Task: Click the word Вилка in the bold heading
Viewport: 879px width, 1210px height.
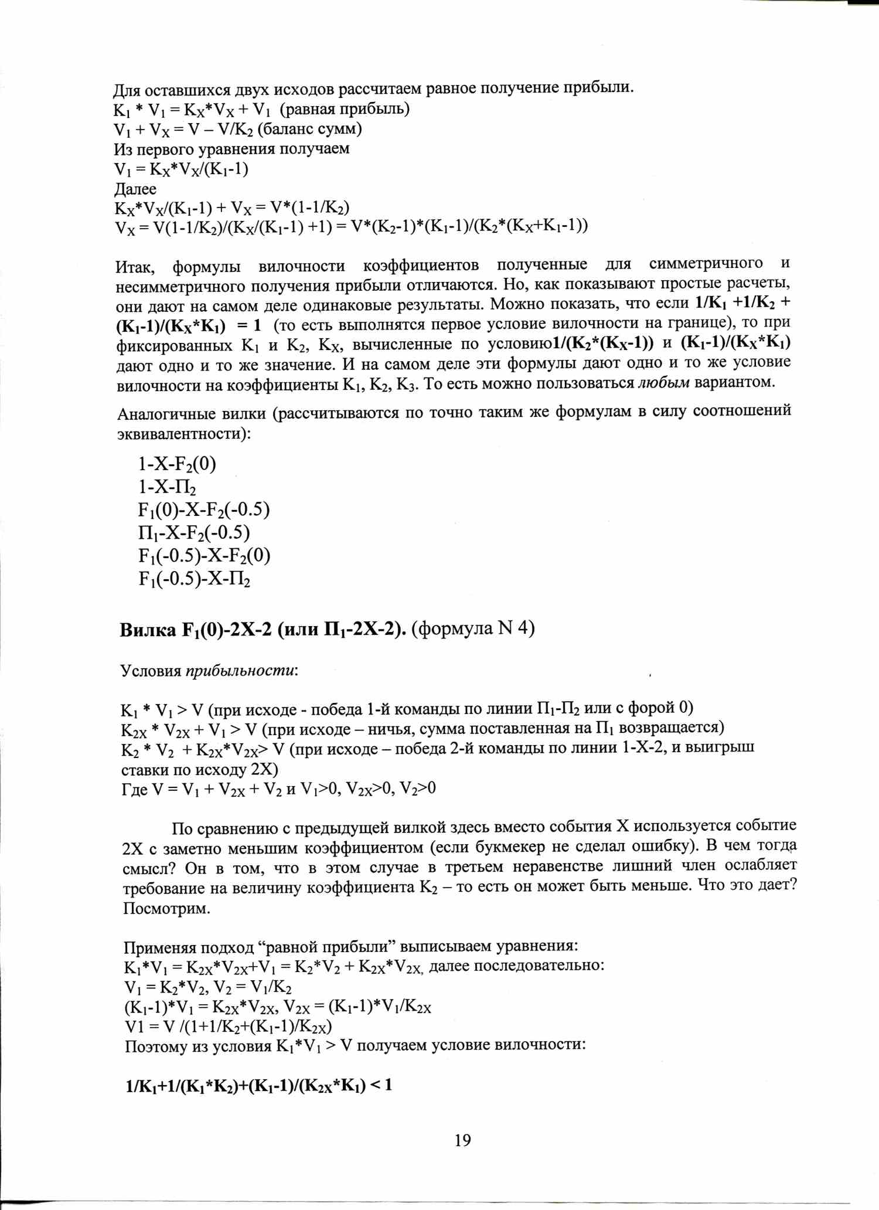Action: (148, 630)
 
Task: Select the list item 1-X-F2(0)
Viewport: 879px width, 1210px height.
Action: (177, 464)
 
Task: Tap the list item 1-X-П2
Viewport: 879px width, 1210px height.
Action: (167, 487)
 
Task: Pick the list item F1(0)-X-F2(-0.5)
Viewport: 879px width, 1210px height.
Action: (204, 510)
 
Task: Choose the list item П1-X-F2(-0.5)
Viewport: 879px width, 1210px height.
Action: (194, 533)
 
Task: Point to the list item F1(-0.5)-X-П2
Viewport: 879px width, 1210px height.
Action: (195, 579)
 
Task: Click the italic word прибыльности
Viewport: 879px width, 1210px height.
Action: (240, 670)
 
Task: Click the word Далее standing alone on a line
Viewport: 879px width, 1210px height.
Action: (135, 189)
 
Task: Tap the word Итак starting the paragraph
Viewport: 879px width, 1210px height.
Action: (135, 267)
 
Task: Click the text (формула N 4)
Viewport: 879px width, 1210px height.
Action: (473, 628)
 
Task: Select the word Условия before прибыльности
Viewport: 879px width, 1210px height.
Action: (151, 671)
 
